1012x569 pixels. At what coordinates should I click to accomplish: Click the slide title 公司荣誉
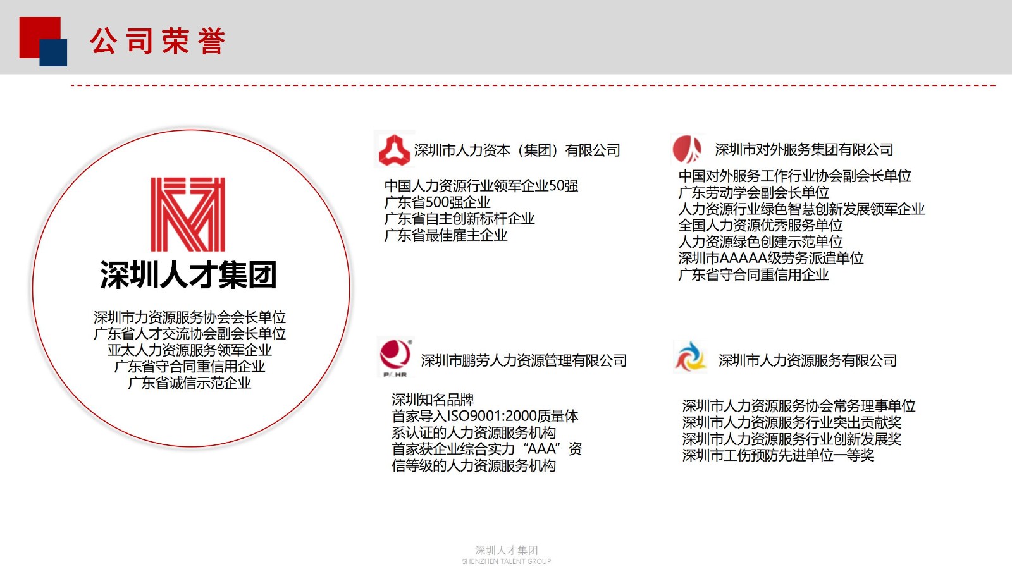[157, 40]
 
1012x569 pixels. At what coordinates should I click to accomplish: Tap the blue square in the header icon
[53, 53]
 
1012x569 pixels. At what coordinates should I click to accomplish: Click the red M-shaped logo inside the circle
[187, 214]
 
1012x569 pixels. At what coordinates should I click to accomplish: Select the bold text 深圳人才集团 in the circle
[188, 274]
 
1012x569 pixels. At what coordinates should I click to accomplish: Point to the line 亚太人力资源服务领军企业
[189, 350]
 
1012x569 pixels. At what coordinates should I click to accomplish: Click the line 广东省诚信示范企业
[189, 383]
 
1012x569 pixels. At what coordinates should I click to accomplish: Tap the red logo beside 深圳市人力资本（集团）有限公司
[394, 150]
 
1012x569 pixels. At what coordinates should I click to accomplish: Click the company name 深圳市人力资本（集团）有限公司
[517, 150]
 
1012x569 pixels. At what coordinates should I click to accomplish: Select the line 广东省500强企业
[437, 202]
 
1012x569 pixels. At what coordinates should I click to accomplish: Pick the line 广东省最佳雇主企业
[446, 235]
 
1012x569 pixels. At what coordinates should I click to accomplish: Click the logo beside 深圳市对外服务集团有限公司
[687, 149]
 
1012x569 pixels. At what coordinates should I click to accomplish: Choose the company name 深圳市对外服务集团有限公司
[804, 149]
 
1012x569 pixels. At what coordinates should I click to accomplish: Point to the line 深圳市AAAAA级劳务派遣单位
[771, 259]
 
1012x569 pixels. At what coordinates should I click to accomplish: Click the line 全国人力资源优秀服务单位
[761, 225]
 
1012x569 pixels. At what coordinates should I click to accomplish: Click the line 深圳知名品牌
[433, 400]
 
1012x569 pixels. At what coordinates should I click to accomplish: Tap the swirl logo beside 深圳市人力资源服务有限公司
[689, 357]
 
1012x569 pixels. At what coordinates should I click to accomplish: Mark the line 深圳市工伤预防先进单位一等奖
[778, 455]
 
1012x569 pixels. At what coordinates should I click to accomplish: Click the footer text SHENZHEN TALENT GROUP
[507, 561]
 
